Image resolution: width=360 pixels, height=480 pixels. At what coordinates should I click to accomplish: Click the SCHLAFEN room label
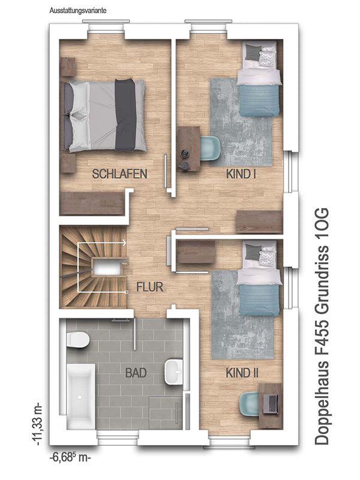click(x=119, y=174)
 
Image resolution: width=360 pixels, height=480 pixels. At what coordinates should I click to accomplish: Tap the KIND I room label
click(x=241, y=174)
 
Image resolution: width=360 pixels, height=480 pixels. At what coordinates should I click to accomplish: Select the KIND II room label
click(x=242, y=373)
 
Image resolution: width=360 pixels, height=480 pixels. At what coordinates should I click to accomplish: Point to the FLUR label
click(x=149, y=287)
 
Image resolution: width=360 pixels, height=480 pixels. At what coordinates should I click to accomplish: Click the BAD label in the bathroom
click(x=136, y=373)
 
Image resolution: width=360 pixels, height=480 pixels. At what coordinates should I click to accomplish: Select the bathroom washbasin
click(x=173, y=372)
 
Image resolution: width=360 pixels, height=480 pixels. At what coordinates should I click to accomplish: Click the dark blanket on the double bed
click(x=125, y=115)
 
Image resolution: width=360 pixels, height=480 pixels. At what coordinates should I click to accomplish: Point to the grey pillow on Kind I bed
click(x=252, y=52)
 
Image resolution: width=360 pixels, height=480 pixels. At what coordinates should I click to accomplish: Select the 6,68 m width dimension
click(x=70, y=458)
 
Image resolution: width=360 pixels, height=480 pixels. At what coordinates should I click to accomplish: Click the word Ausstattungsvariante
click(x=78, y=11)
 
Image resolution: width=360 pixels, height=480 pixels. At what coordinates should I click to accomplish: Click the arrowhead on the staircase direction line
click(x=124, y=243)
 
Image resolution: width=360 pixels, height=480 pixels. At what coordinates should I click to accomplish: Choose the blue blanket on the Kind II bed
click(x=259, y=301)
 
